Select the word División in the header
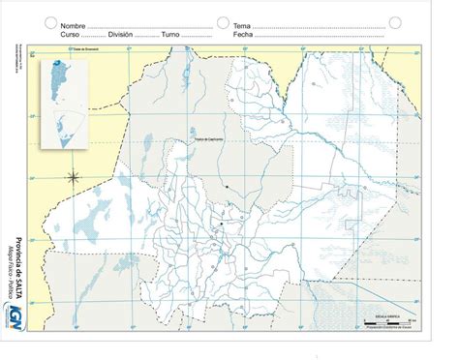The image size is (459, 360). (119, 35)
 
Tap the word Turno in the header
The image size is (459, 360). (171, 35)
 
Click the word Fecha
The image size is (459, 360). (243, 35)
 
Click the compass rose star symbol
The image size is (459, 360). (74, 177)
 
